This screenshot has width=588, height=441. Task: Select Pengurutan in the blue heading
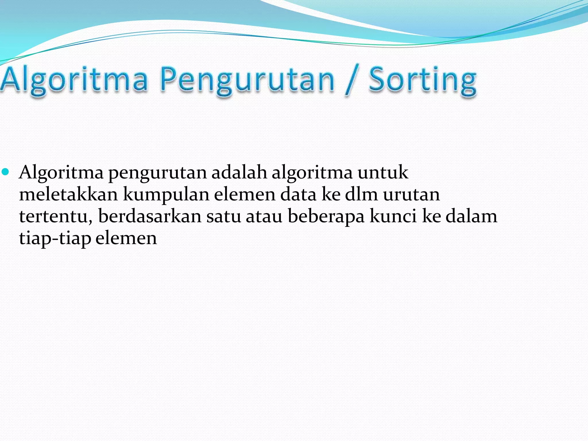(x=247, y=80)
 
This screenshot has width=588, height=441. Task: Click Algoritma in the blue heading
(x=74, y=80)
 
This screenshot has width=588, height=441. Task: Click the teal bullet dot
(x=5, y=172)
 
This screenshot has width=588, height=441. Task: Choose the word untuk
(x=383, y=172)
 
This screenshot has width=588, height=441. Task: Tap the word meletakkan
(x=68, y=194)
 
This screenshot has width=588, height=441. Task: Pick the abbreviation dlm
(x=361, y=194)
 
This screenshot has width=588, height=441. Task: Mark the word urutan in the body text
(x=411, y=194)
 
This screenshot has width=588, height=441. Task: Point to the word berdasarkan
(x=150, y=216)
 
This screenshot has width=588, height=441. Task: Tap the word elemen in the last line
(x=126, y=238)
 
